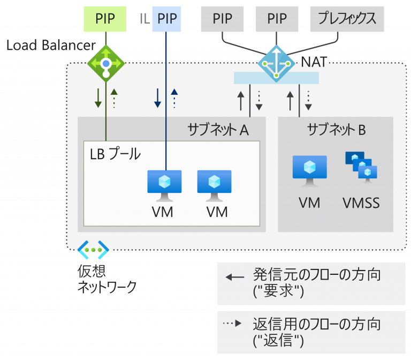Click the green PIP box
(x=105, y=18)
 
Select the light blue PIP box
(x=166, y=18)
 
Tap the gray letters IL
(x=143, y=19)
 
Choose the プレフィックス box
(x=343, y=18)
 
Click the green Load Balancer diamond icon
(x=106, y=64)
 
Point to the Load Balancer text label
(x=51, y=45)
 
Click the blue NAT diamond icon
(x=276, y=64)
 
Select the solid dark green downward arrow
(x=98, y=97)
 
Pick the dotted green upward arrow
(x=114, y=97)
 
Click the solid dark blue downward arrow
(x=158, y=97)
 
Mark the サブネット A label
(x=218, y=129)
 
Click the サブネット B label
(x=337, y=129)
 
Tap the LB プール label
(x=115, y=154)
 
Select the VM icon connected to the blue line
(x=164, y=183)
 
